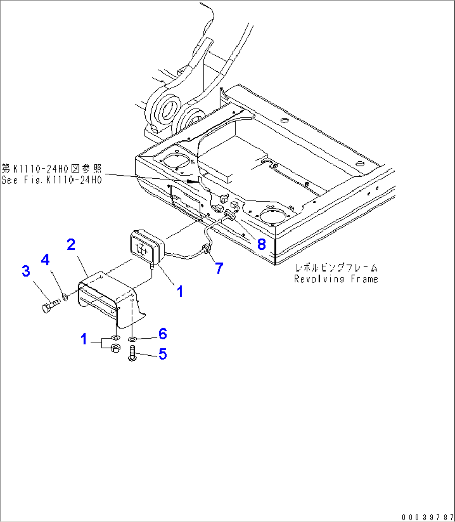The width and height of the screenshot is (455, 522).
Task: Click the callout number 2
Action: [71, 244]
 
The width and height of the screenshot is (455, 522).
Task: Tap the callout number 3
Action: [26, 271]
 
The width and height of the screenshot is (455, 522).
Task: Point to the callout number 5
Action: [162, 354]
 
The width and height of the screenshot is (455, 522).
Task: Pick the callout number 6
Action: [162, 334]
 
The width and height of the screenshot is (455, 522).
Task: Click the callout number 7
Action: [219, 268]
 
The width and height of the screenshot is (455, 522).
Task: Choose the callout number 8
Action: [261, 244]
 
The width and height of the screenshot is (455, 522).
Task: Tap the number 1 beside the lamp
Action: [180, 291]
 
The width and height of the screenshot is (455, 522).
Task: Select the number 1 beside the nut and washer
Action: [84, 339]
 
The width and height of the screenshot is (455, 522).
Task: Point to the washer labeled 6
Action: [132, 338]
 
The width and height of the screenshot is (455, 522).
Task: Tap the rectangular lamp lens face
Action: [142, 248]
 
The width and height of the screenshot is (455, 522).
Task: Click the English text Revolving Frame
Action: [336, 279]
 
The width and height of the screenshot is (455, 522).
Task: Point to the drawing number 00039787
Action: [427, 517]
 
